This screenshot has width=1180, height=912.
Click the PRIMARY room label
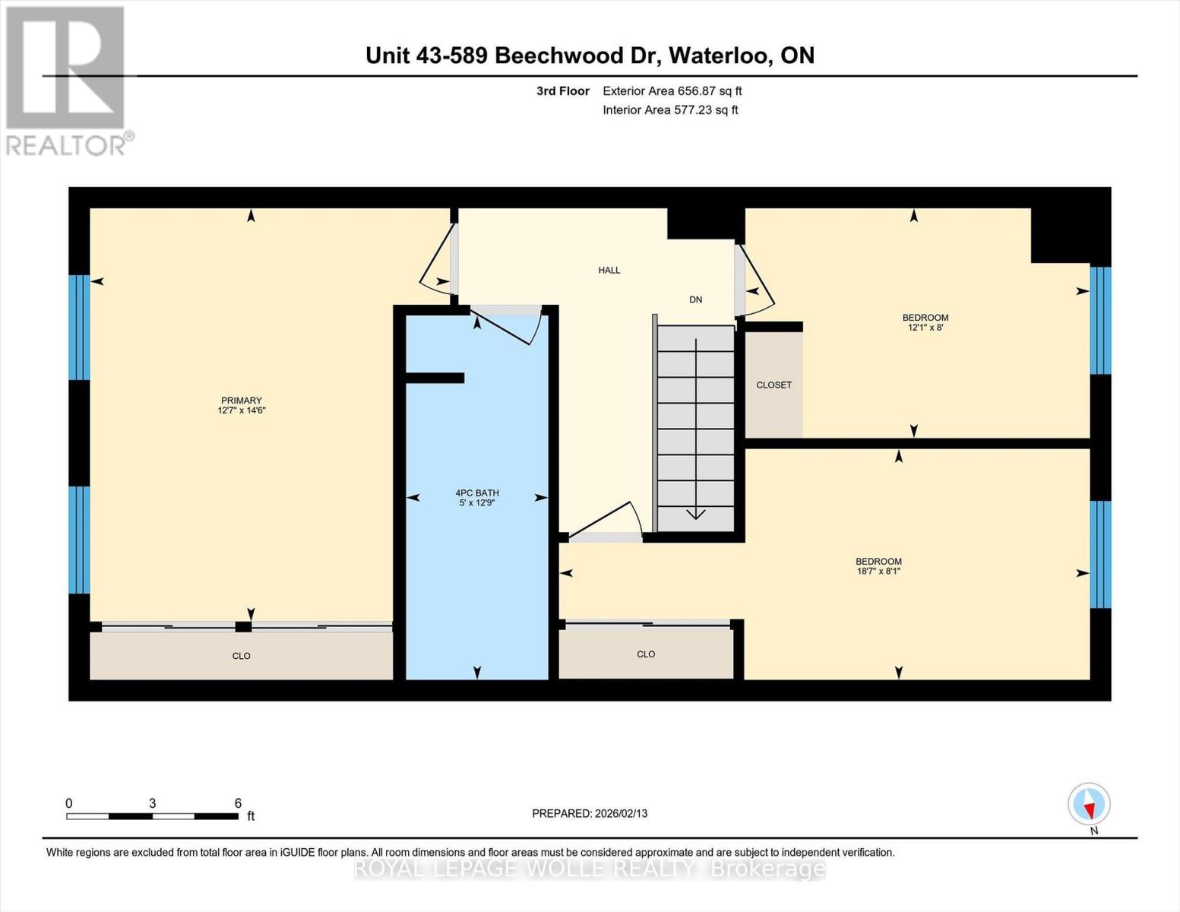241,401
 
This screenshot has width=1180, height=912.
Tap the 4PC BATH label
476,493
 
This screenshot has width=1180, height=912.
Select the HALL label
609,271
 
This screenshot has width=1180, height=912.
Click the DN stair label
696,300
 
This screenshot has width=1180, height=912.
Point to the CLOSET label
773,385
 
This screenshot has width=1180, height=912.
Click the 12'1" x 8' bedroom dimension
925,328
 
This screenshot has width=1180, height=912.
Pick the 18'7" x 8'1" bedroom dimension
878,572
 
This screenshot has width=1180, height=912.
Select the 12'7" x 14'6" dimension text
241,410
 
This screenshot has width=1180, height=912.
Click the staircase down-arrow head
696,514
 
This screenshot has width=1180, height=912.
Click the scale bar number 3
153,803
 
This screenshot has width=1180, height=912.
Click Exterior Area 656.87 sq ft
672,91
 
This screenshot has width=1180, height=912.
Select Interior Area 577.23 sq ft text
670,110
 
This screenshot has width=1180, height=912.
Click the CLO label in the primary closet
241,656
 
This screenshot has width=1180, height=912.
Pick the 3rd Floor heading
563,91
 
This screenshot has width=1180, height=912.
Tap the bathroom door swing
508,327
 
